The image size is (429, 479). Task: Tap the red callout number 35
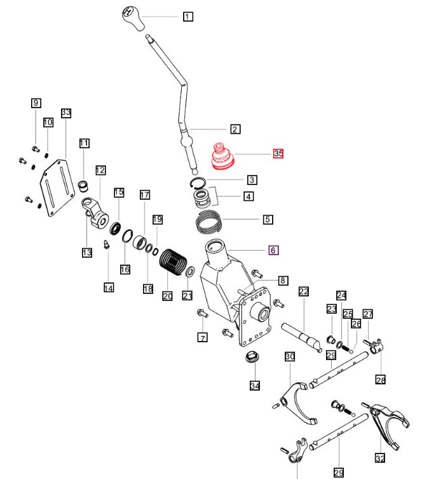278,153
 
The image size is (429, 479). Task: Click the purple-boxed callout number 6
273,250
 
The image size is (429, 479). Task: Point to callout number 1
187,17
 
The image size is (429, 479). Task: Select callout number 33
66,113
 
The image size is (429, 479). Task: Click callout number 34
255,385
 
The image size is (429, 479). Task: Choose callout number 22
304,291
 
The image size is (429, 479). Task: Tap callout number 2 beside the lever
235,129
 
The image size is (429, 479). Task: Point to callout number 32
380,457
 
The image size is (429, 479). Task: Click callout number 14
109,288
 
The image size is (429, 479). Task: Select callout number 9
36,102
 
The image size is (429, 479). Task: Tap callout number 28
380,380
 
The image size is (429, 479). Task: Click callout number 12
100,170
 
